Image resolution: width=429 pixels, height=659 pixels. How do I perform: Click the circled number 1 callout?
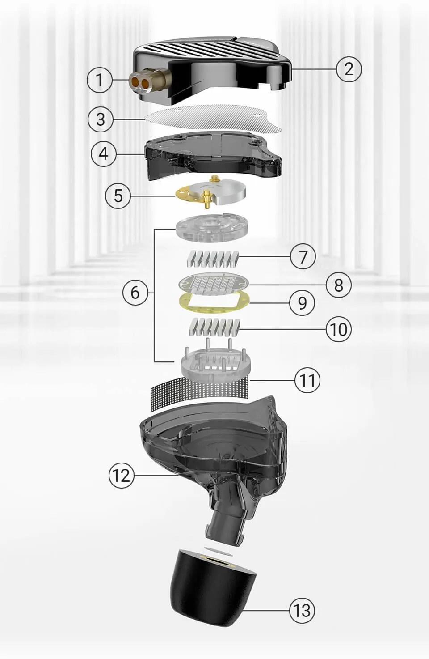(100, 80)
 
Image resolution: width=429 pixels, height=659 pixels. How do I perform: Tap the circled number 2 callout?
(349, 69)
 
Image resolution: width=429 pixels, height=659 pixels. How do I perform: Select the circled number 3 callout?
(101, 119)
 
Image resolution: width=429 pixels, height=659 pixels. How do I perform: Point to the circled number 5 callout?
(118, 196)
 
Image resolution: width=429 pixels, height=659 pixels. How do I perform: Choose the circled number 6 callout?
(135, 293)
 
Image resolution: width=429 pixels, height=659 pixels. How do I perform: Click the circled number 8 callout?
(338, 285)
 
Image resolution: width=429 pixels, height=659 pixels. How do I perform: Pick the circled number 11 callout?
(307, 380)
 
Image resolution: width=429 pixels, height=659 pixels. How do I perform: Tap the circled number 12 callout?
(122, 475)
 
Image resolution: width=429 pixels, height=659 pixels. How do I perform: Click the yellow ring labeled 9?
(214, 303)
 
